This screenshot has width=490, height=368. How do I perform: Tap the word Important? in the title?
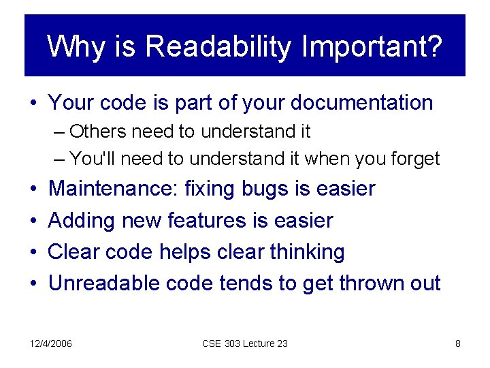coord(372,47)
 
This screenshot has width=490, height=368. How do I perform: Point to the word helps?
coord(184,252)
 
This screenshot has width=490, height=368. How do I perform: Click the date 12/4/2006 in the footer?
coord(51,343)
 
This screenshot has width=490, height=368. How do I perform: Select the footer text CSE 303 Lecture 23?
coord(245,343)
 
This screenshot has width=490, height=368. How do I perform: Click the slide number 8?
coord(458,343)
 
